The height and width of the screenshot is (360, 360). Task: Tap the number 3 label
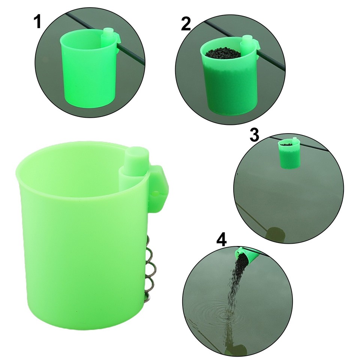pyautogui.click(x=254, y=135)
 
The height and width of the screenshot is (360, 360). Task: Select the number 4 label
pyautogui.click(x=222, y=240)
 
